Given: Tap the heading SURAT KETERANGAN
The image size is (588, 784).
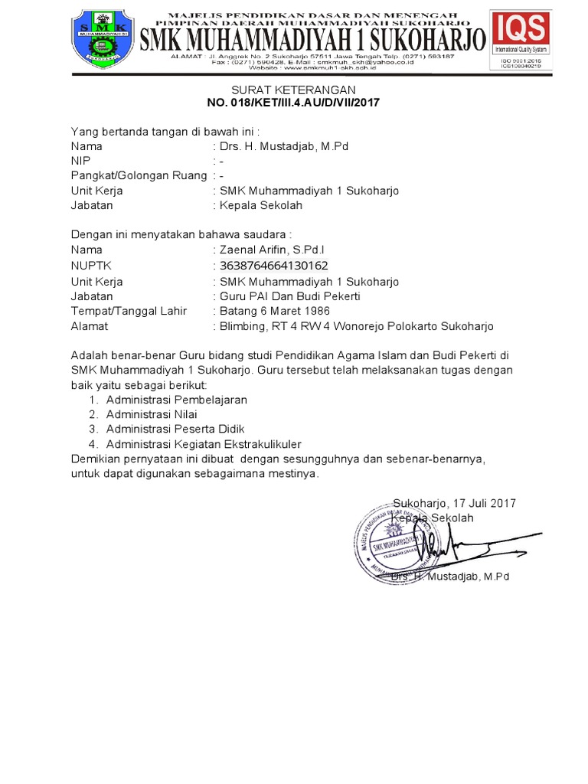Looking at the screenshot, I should click(294, 89).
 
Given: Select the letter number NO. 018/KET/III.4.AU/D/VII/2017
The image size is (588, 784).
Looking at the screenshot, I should click(294, 103).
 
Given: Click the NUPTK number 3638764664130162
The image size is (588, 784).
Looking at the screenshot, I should click(274, 266).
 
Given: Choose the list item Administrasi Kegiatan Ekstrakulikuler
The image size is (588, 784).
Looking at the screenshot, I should click(204, 444).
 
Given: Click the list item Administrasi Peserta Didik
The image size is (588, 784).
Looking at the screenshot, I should click(175, 430).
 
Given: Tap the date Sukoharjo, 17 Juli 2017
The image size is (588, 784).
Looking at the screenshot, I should click(454, 503).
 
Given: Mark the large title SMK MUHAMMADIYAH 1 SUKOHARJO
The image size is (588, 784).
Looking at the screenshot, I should click(312, 37).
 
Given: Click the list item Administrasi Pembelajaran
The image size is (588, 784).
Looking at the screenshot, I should click(177, 400).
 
